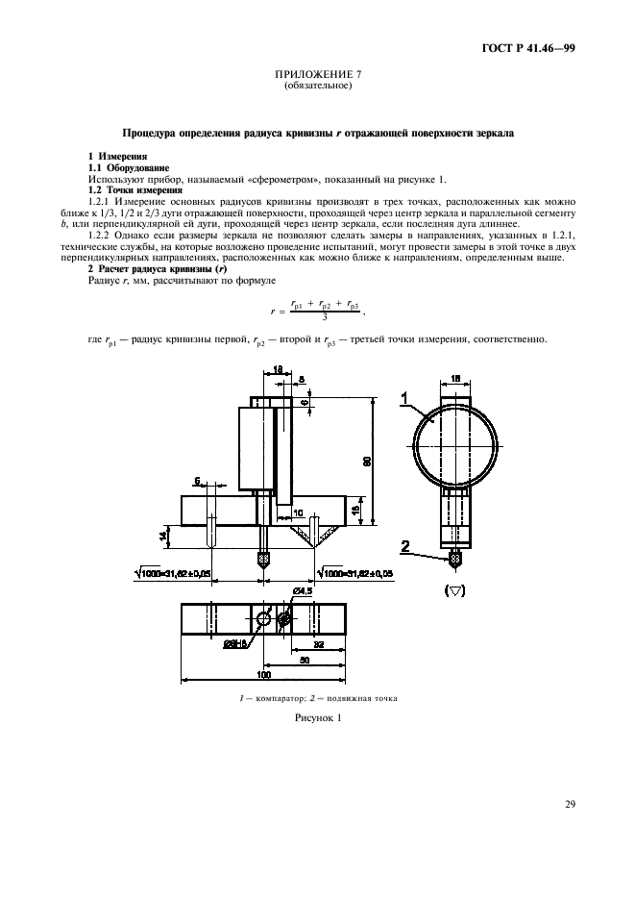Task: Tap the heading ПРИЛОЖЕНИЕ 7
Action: click(317, 75)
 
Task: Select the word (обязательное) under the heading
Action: click(317, 87)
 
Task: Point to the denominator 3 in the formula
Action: click(326, 315)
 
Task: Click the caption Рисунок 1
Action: click(317, 717)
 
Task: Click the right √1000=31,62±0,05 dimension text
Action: click(333, 573)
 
